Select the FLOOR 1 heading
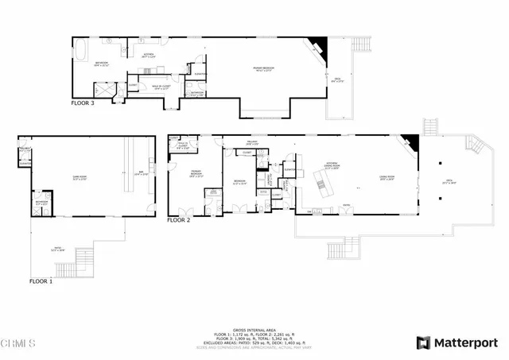coord(41,281)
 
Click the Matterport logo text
coord(464,343)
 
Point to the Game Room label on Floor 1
coord(80,179)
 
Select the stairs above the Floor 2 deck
coord(431,126)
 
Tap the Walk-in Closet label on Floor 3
coord(161,87)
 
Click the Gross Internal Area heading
coord(254,327)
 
